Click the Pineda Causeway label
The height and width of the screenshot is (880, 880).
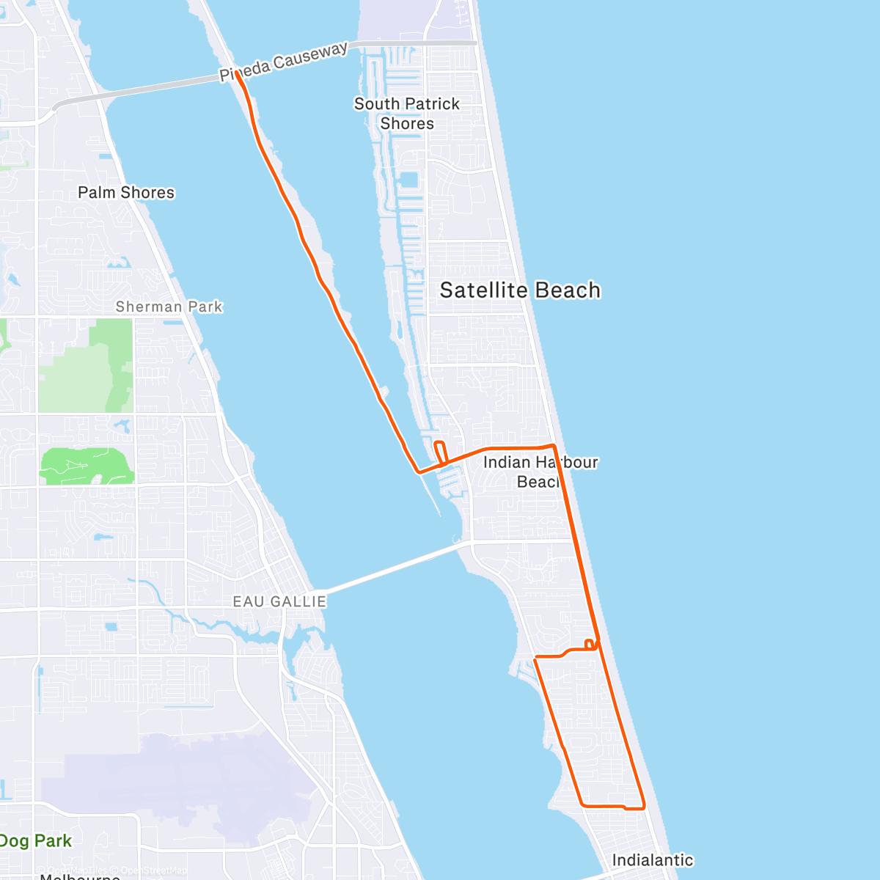click(284, 62)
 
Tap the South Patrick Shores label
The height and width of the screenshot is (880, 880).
click(407, 114)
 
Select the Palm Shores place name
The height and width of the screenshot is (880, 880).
click(126, 193)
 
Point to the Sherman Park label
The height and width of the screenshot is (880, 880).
click(169, 307)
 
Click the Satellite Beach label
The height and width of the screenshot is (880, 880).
click(520, 290)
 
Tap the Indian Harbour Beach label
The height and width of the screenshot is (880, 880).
click(540, 472)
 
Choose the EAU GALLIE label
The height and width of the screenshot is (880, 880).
click(279, 601)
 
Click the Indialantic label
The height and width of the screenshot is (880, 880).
click(652, 860)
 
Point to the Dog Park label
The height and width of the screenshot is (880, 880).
click(36, 841)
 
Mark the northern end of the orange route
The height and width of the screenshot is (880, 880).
click(237, 73)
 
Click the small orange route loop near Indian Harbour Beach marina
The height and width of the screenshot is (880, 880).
click(441, 452)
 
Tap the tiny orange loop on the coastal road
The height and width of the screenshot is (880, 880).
click(590, 644)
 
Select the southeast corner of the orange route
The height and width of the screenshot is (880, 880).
click(643, 807)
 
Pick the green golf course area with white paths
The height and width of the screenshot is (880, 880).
click(87, 466)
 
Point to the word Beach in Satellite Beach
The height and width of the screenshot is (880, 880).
click(567, 290)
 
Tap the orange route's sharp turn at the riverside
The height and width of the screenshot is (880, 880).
click(419, 472)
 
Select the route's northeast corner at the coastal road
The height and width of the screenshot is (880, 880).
click(554, 446)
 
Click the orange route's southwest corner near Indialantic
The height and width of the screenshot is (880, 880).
click(582, 804)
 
